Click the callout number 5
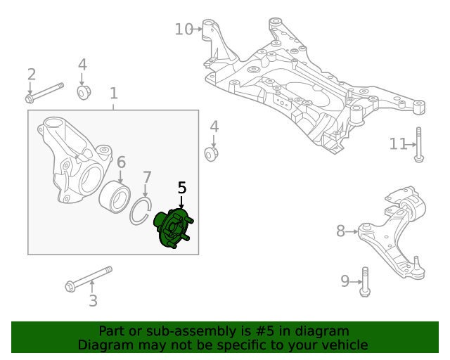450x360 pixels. tap(182, 188)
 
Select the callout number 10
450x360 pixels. tap(184, 29)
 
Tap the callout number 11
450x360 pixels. tap(398, 144)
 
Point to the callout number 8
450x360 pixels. tap(340, 231)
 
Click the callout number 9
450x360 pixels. tap(345, 281)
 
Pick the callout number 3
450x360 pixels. tap(93, 302)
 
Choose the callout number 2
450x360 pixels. tap(31, 75)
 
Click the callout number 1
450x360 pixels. tap(113, 94)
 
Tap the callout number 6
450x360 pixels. tap(121, 162)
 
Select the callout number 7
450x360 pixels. tap(146, 176)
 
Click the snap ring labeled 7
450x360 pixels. tap(141, 212)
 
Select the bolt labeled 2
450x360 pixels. tap(46, 92)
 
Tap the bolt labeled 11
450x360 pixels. tap(418, 144)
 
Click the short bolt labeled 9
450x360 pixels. tap(364, 281)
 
